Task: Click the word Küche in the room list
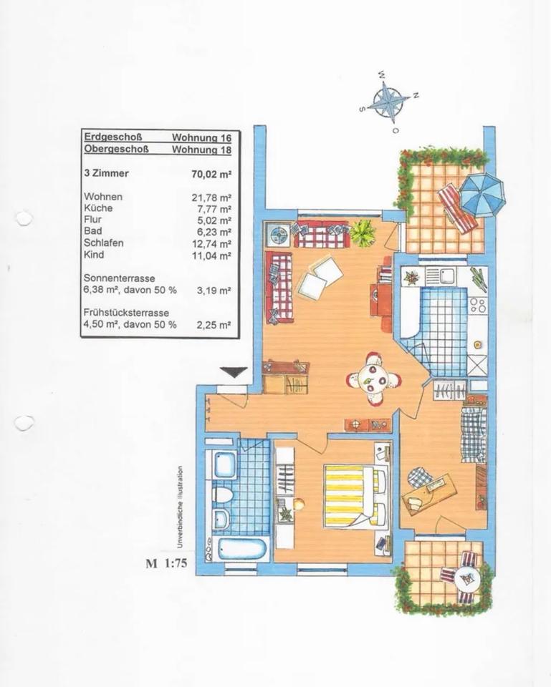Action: [98, 208]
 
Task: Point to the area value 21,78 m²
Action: [213, 197]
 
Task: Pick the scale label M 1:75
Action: [166, 563]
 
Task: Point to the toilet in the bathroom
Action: [221, 494]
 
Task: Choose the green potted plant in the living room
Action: [363, 232]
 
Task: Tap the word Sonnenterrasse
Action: [119, 278]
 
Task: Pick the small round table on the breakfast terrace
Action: [466, 575]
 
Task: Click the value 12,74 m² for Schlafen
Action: [213, 243]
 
